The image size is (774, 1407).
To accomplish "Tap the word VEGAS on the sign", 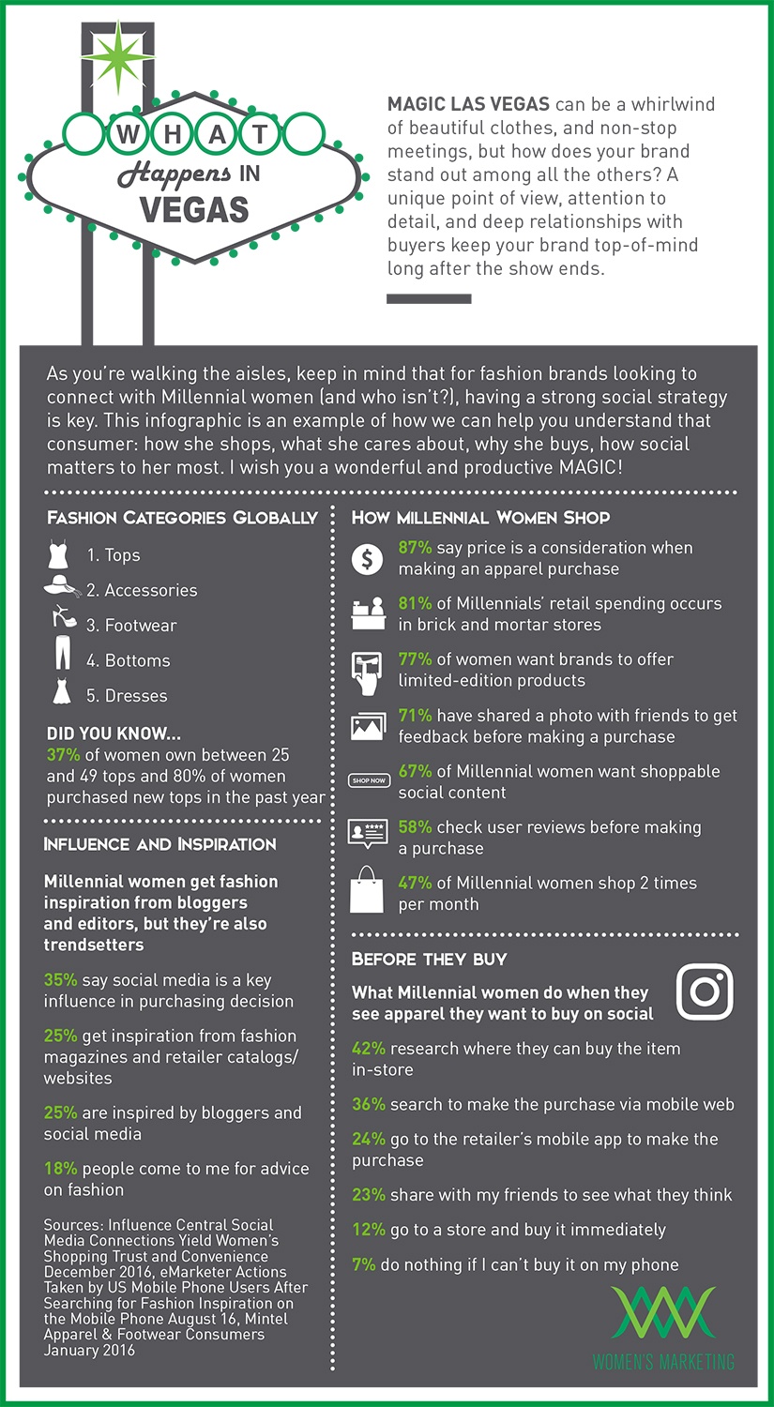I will coord(194,207).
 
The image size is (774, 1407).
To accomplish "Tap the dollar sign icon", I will coord(367,560).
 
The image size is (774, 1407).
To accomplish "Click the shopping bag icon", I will coord(367,890).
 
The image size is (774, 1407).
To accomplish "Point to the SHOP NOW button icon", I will coord(368,780).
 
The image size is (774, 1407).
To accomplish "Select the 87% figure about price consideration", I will coord(415,548).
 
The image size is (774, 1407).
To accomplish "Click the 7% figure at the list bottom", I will coord(363,1264).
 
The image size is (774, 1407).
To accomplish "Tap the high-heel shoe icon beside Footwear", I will coord(63,619).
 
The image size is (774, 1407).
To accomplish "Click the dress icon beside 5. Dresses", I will coord(61,693).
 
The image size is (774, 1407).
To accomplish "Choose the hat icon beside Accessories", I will coord(62,588).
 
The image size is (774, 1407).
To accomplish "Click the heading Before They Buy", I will coord(429,959).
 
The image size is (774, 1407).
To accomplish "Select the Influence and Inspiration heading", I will coord(159,844).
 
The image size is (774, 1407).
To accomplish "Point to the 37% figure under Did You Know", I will coord(63,755).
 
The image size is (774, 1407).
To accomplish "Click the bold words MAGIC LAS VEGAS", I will coord(468,104).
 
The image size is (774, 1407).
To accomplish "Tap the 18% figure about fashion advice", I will coord(60,1169).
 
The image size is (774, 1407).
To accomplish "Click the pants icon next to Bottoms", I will coord(62,653).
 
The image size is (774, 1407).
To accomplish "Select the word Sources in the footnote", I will coord(72,1225).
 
